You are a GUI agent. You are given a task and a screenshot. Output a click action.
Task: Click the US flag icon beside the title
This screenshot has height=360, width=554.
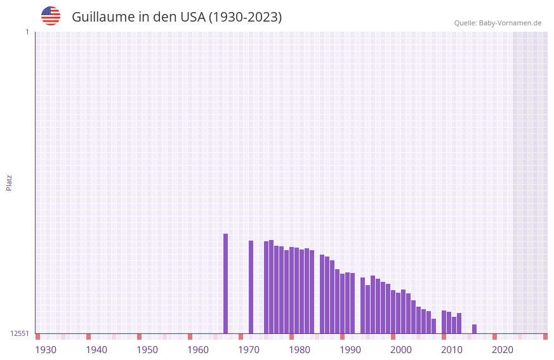[x=51, y=16]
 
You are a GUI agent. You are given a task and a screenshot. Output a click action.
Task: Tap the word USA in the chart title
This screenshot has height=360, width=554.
[x=193, y=17]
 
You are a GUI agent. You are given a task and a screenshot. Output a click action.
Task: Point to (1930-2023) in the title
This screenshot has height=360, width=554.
[x=246, y=17]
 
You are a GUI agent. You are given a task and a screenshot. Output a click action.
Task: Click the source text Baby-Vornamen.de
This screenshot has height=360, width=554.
[x=510, y=23]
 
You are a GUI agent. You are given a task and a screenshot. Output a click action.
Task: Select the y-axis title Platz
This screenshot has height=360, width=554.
[x=9, y=182]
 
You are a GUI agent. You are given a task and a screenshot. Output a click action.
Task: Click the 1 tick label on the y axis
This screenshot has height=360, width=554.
[x=27, y=32]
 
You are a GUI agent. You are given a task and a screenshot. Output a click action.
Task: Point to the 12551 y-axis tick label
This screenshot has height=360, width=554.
[x=20, y=333]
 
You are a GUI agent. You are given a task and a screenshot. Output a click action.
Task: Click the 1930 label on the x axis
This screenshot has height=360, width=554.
[x=46, y=350]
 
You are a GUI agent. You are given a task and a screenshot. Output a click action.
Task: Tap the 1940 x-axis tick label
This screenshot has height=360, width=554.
[x=96, y=350]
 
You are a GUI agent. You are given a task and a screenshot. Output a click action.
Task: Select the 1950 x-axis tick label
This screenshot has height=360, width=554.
[x=147, y=350]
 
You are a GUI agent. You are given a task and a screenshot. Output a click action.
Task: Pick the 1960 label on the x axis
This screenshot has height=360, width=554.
[x=198, y=350]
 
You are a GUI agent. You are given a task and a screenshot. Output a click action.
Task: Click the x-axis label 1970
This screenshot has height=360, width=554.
[x=249, y=350]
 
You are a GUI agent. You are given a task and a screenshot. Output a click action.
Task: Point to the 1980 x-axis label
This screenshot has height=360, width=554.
[x=300, y=350]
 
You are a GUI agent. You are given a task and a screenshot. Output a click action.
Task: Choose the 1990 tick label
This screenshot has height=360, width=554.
[x=350, y=350]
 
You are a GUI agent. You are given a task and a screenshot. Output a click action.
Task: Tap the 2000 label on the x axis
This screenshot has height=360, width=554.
[x=401, y=350]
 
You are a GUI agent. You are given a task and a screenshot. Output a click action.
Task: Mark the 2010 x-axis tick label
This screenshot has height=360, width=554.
[x=452, y=350]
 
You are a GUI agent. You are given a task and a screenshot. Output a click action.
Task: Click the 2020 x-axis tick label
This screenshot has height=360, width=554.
[x=503, y=350]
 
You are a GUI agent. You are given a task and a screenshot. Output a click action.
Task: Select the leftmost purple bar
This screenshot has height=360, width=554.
[x=225, y=283]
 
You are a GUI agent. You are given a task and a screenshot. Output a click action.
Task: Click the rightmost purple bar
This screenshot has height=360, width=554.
[x=474, y=329]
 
